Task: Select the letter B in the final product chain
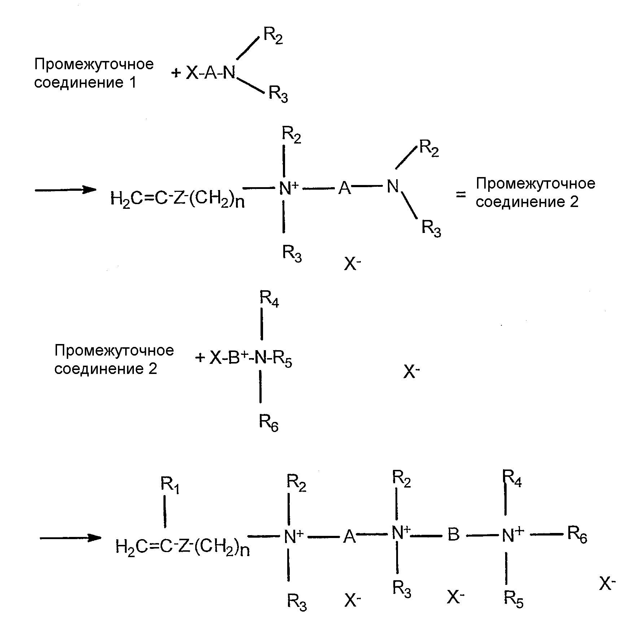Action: click(454, 534)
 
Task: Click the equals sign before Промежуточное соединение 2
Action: click(460, 194)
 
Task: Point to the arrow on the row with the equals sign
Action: click(65, 190)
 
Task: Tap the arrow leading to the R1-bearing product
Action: click(70, 538)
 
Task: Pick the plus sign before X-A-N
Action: click(176, 74)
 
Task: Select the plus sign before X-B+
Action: click(200, 358)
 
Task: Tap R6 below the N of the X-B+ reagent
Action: click(269, 423)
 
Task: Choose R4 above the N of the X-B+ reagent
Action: click(270, 299)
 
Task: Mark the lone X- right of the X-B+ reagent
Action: click(412, 371)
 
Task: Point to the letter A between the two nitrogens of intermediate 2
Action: click(345, 188)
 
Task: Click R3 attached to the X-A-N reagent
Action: click(279, 94)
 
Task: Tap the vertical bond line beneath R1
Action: click(165, 512)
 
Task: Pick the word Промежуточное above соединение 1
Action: click(94, 64)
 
